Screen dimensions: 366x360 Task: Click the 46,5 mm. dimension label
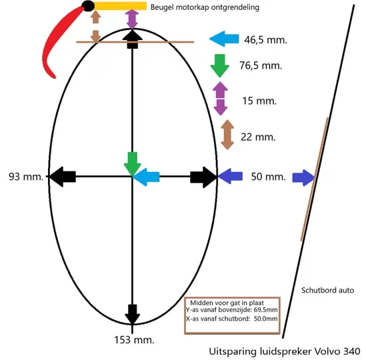click(x=265, y=40)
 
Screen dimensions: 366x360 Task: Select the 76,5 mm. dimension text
click(x=261, y=65)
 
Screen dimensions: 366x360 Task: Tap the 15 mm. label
click(x=259, y=101)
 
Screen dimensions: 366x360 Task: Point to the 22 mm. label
click(x=258, y=137)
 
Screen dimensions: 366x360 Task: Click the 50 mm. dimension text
click(x=269, y=177)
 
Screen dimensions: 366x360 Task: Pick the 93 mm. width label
click(x=26, y=177)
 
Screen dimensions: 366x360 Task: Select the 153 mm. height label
click(x=134, y=340)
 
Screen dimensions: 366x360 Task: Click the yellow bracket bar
click(x=120, y=6)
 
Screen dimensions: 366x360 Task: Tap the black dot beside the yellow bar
click(x=88, y=6)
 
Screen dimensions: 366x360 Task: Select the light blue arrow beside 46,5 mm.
click(x=224, y=39)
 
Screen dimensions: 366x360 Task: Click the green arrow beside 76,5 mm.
click(x=220, y=65)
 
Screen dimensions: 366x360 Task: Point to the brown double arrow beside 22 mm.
click(x=227, y=135)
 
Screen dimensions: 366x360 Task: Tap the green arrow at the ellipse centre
click(x=133, y=164)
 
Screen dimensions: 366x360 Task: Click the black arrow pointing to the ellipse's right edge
click(x=204, y=177)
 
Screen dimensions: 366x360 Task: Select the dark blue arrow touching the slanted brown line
click(x=303, y=177)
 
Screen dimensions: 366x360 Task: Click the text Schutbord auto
click(x=327, y=290)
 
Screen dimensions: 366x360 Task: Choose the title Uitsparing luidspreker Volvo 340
click(x=285, y=351)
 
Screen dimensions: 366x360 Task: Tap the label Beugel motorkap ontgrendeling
click(x=205, y=7)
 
